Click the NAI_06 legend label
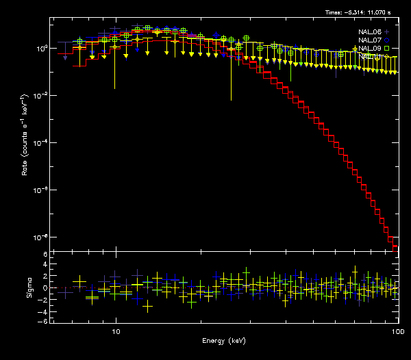tap(368, 31)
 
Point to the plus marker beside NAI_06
tap(387, 31)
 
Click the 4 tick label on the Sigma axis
tap(45, 266)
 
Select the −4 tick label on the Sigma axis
tap(44, 310)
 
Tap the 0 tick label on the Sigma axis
tap(45, 288)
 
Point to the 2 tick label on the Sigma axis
tap(45, 277)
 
